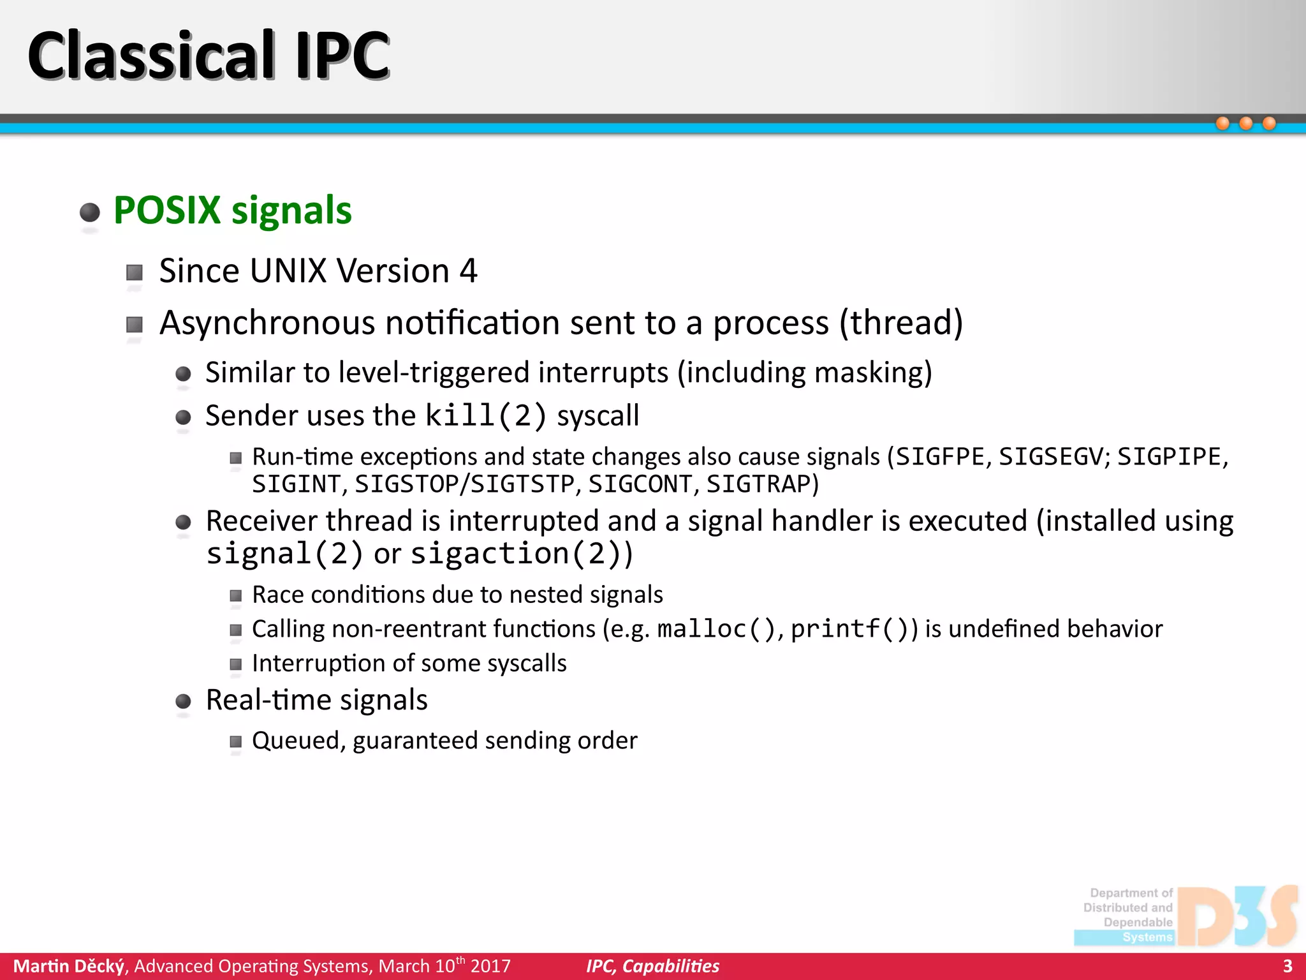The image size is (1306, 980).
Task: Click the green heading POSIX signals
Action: click(232, 211)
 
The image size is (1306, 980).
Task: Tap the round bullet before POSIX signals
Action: click(90, 212)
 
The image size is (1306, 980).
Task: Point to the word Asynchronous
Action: click(267, 323)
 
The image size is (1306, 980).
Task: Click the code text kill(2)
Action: click(486, 416)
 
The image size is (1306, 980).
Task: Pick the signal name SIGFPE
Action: click(940, 457)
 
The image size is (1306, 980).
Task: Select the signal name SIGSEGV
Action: click(1050, 457)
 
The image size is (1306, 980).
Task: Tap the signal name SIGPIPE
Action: click(1168, 457)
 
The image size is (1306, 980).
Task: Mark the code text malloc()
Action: click(715, 629)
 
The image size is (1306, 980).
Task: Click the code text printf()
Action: click(849, 629)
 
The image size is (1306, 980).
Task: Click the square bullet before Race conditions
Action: click(236, 596)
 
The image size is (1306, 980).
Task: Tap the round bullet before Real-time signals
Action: click(183, 702)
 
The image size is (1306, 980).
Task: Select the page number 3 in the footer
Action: click(1287, 966)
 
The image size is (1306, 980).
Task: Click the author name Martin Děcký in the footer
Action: click(69, 966)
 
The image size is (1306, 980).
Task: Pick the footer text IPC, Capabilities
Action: click(652, 966)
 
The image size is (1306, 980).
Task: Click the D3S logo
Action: click(1236, 916)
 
